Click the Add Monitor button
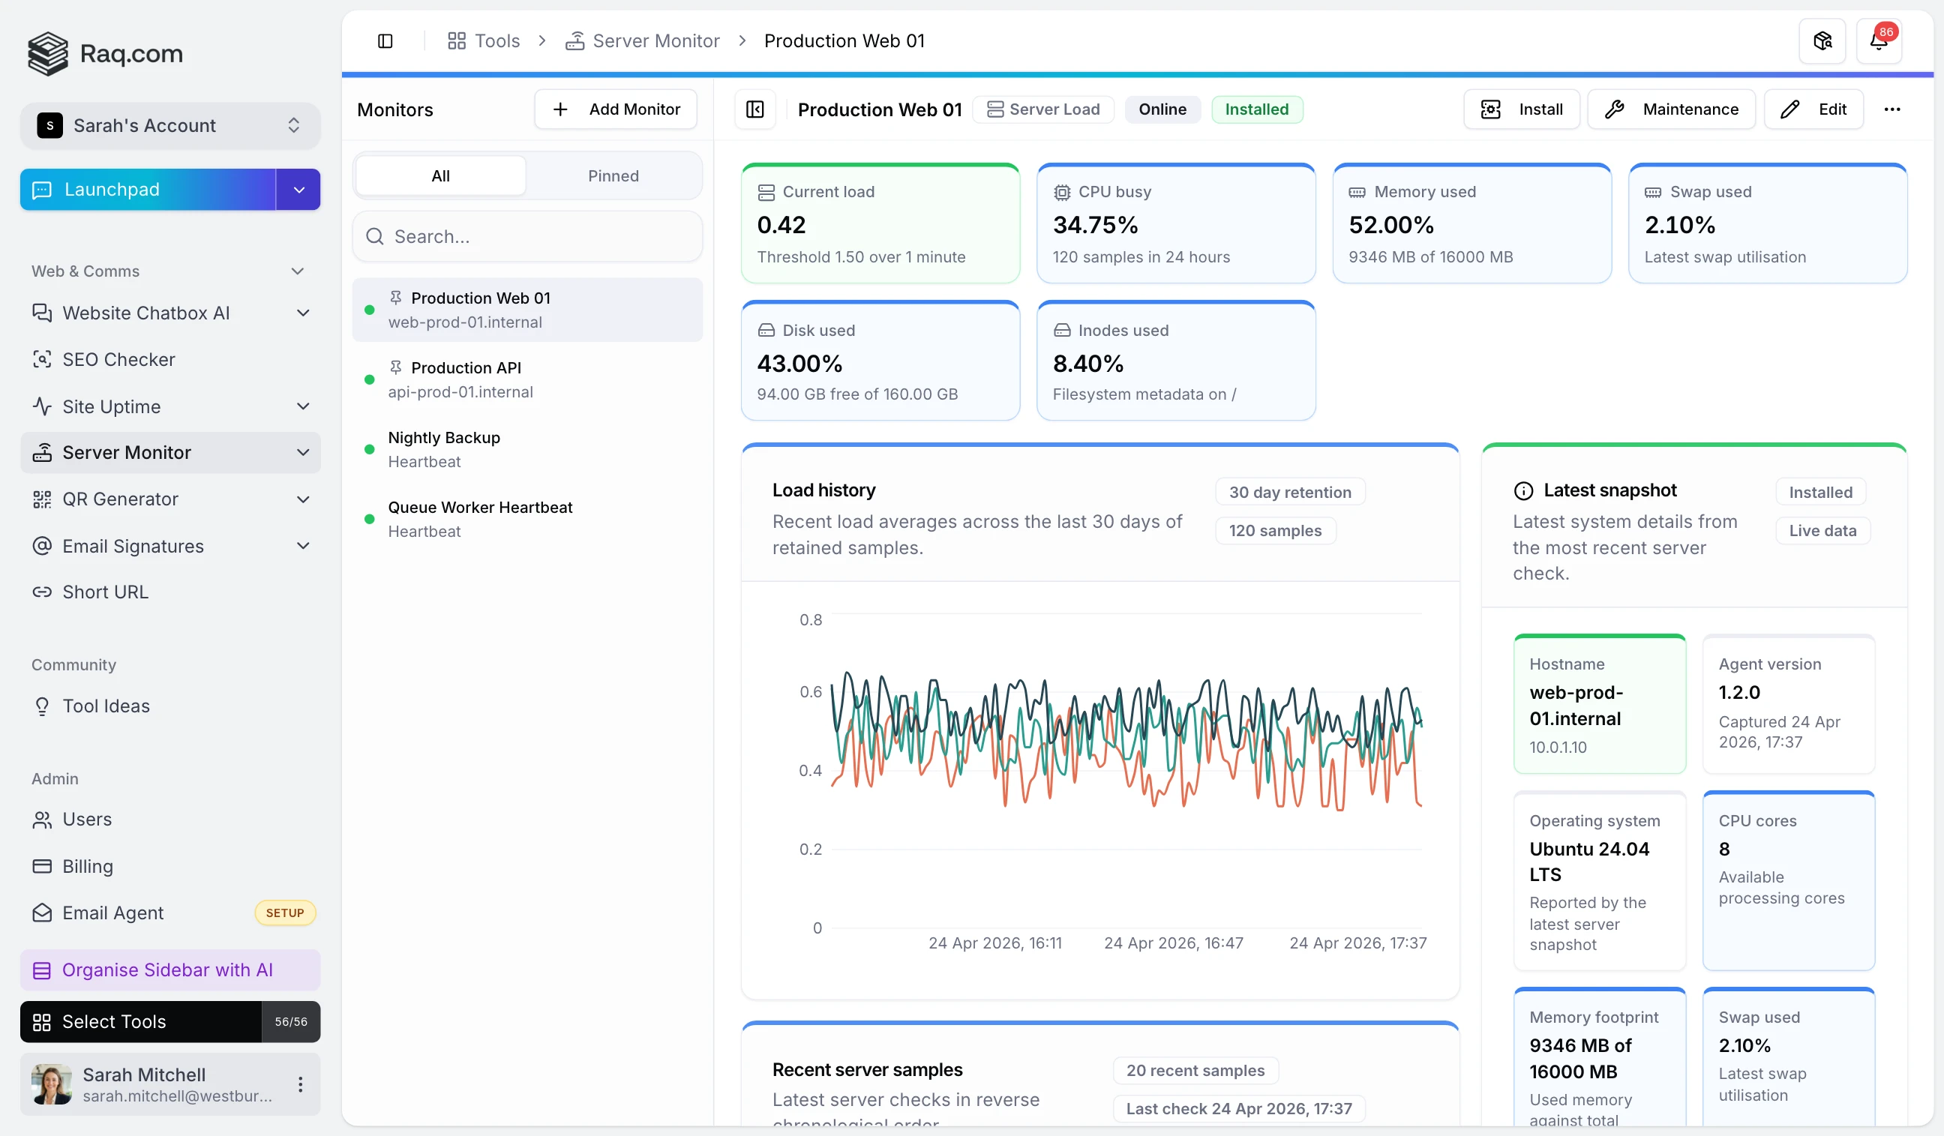click(x=616, y=109)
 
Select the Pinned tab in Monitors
click(x=613, y=176)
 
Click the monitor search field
click(x=528, y=237)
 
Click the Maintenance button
click(x=1670, y=109)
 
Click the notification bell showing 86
click(x=1879, y=41)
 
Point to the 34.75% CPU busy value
click(x=1095, y=225)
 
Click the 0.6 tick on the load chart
click(x=810, y=692)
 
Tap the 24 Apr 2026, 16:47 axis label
click(x=1172, y=943)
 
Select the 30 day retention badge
click(x=1289, y=492)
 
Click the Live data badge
click(x=1822, y=531)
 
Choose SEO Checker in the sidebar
click(x=118, y=359)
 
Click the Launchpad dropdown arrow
click(x=298, y=190)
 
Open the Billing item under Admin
click(x=87, y=866)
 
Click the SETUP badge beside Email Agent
click(x=285, y=913)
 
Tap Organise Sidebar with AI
click(x=167, y=970)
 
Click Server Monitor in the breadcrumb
click(x=655, y=41)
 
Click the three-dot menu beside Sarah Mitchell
click(x=300, y=1084)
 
